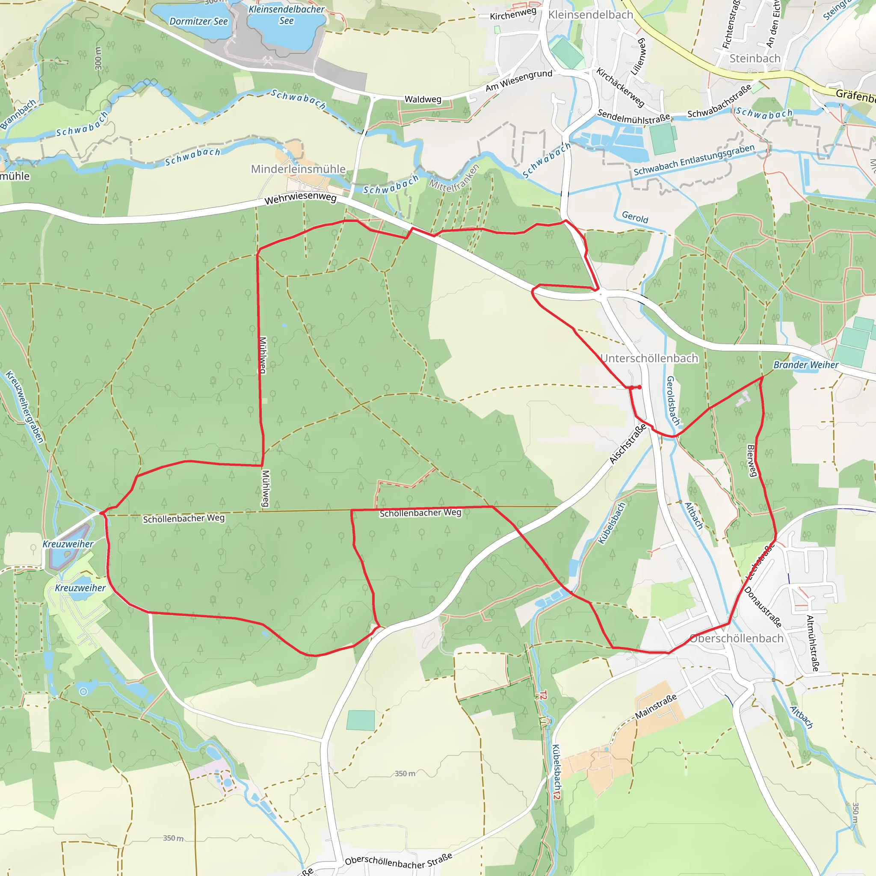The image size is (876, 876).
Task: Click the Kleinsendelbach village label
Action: (x=590, y=15)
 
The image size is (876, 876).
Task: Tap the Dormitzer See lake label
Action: (x=198, y=21)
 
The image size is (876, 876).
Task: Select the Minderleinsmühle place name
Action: (x=299, y=169)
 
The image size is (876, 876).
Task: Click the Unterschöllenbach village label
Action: (x=649, y=358)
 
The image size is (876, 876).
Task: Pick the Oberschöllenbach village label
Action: (x=737, y=639)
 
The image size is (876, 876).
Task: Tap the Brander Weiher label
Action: (x=806, y=364)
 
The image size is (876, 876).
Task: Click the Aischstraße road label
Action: (x=627, y=444)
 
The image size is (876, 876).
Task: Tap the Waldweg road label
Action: (x=423, y=99)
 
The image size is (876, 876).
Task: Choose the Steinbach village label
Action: (x=755, y=59)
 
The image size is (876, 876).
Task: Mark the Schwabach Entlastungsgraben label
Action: (x=694, y=160)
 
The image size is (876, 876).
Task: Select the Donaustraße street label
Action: (x=763, y=607)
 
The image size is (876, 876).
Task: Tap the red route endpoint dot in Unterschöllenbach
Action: (x=639, y=387)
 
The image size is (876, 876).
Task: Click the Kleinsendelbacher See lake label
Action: (x=287, y=15)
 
